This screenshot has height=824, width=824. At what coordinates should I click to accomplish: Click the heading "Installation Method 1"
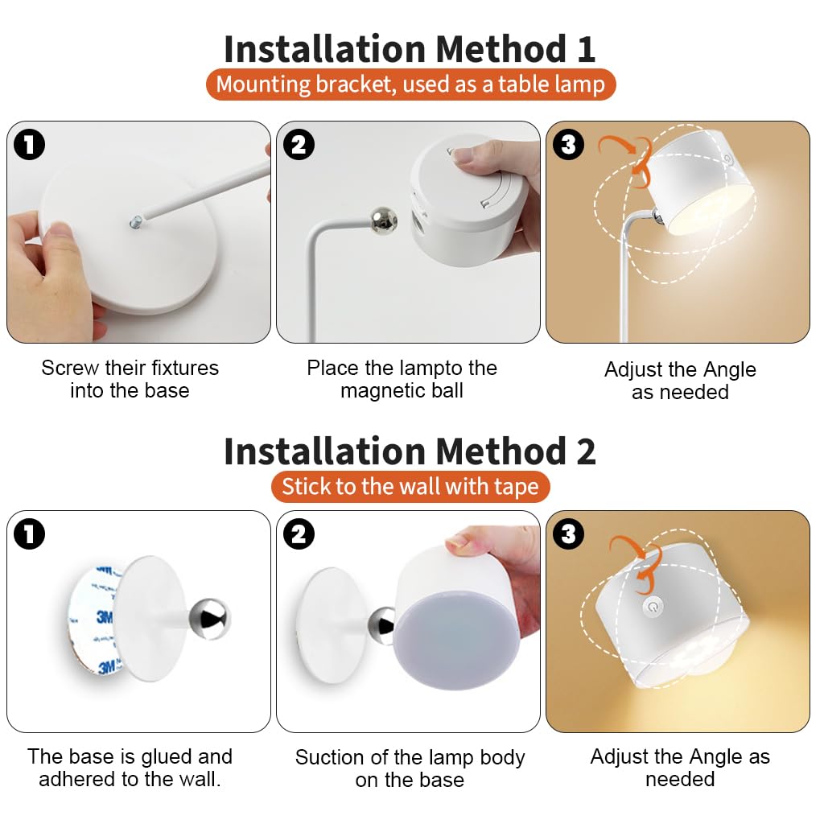point(410,49)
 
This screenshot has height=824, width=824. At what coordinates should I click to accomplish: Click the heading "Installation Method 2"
point(410,451)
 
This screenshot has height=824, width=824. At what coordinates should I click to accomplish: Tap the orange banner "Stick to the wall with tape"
point(410,487)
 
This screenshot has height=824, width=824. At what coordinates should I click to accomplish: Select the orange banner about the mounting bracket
point(410,84)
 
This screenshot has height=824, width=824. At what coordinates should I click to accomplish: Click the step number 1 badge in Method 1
point(30,145)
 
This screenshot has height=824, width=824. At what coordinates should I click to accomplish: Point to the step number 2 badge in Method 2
point(299,534)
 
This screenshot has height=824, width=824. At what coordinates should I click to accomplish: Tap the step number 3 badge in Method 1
point(569,145)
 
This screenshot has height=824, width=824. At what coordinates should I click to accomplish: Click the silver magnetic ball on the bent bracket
point(382,220)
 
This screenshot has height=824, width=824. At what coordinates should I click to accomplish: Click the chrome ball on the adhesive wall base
point(208,618)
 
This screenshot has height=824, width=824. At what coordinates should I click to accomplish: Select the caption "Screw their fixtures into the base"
point(130,379)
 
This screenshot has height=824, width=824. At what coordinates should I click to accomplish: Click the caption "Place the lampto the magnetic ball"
point(402,379)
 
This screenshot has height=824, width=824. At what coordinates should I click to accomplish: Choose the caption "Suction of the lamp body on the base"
point(410,768)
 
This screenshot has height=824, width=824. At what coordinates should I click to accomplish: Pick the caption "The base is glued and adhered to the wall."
point(130,768)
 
